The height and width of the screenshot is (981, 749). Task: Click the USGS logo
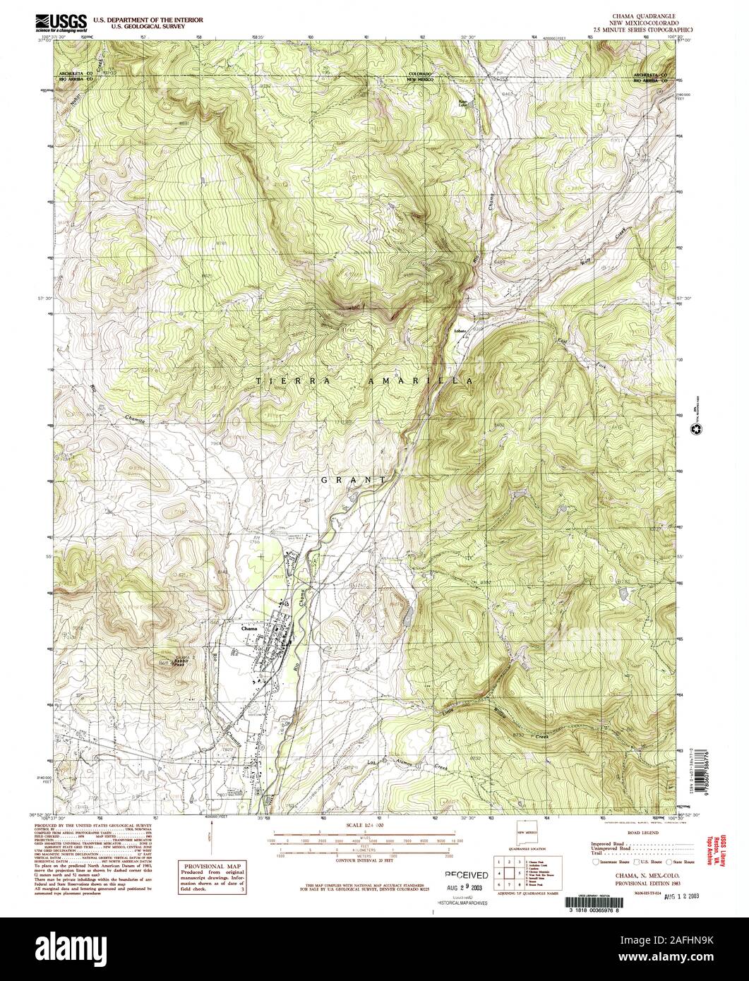pos(61,21)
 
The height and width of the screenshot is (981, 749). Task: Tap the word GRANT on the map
pos(353,479)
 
